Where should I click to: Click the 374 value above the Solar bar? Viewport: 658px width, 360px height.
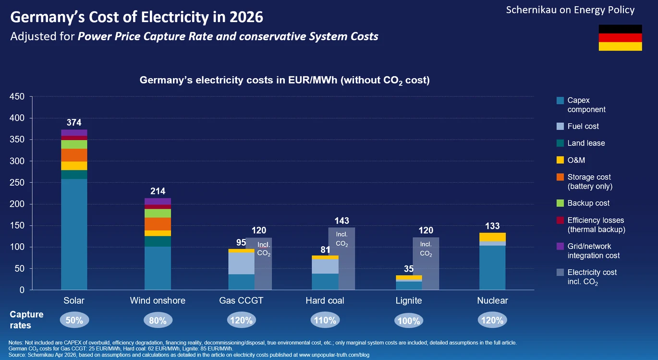click(x=74, y=122)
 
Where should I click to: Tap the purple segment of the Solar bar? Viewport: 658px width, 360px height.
click(x=74, y=133)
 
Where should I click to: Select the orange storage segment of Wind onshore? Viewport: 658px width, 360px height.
click(x=158, y=224)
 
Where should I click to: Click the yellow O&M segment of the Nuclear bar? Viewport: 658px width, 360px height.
click(x=492, y=237)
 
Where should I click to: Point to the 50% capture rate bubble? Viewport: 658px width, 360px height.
click(x=74, y=320)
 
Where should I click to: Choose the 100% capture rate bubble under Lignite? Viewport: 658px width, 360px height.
click(x=409, y=321)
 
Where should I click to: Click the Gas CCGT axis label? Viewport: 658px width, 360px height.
click(x=241, y=300)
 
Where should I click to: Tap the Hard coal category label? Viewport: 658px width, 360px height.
click(x=325, y=300)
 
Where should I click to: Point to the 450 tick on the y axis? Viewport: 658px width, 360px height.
click(x=17, y=96)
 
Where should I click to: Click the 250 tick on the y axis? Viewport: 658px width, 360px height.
click(x=17, y=182)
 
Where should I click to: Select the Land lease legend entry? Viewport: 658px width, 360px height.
click(x=581, y=144)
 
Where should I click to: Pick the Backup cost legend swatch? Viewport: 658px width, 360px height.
click(x=560, y=203)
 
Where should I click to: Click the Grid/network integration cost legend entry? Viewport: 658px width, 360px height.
click(x=588, y=251)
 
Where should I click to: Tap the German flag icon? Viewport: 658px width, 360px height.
click(x=621, y=37)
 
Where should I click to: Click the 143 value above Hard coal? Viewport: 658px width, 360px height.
click(x=341, y=220)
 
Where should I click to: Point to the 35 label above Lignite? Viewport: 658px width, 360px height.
click(x=409, y=269)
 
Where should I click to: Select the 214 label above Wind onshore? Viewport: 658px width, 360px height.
click(x=158, y=191)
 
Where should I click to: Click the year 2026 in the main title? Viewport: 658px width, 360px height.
click(x=246, y=17)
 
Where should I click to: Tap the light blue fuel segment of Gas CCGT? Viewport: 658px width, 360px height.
click(x=242, y=264)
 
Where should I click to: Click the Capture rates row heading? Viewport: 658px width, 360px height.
click(x=26, y=320)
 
